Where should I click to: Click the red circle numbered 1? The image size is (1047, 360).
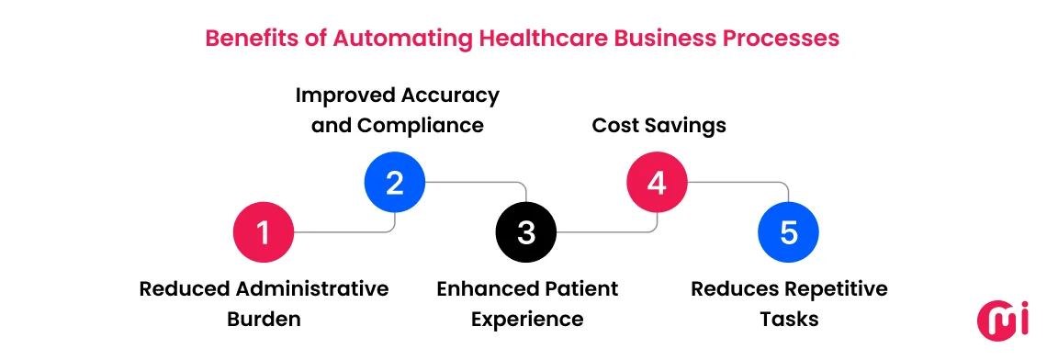[264, 233]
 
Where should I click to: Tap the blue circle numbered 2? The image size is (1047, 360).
[395, 182]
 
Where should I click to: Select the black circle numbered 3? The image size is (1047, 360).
[526, 233]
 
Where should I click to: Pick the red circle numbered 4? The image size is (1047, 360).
[657, 182]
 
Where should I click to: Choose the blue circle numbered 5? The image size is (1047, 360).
[788, 233]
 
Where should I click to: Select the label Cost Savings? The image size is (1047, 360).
[659, 125]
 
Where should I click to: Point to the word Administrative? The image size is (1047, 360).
[312, 289]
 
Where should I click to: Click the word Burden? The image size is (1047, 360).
[264, 320]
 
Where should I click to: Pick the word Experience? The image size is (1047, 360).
[527, 320]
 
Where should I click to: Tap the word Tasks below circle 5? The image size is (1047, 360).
[789, 320]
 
